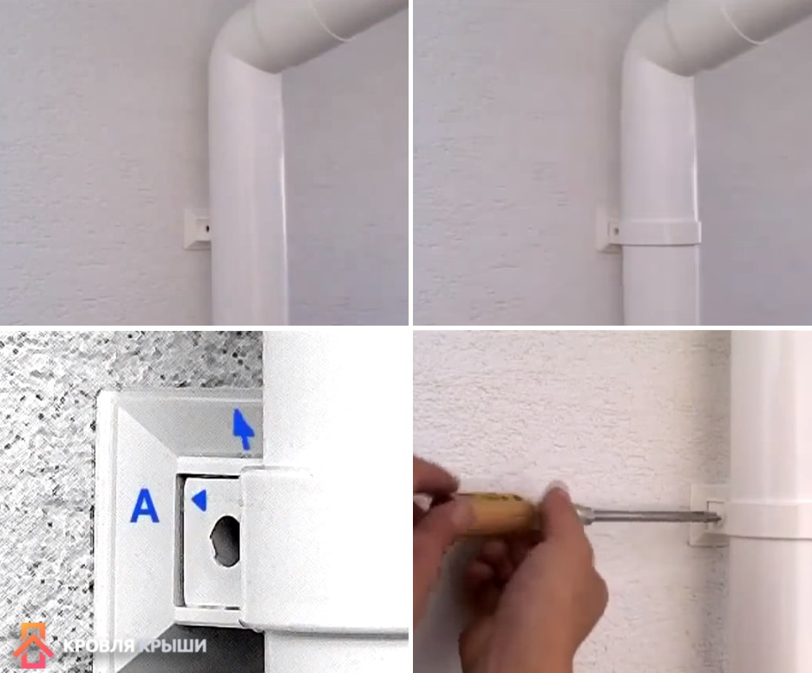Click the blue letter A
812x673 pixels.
pyautogui.click(x=145, y=506)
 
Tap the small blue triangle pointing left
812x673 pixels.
pyautogui.click(x=200, y=501)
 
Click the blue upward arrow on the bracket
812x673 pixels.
pyautogui.click(x=243, y=429)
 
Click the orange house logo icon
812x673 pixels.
pyautogui.click(x=33, y=645)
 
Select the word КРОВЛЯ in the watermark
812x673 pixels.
pyautogui.click(x=98, y=645)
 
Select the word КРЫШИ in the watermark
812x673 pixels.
pyautogui.click(x=173, y=645)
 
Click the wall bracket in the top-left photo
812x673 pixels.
pyautogui.click(x=197, y=228)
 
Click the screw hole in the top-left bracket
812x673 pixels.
pyautogui.click(x=206, y=228)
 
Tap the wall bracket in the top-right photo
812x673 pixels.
pyautogui.click(x=608, y=228)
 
